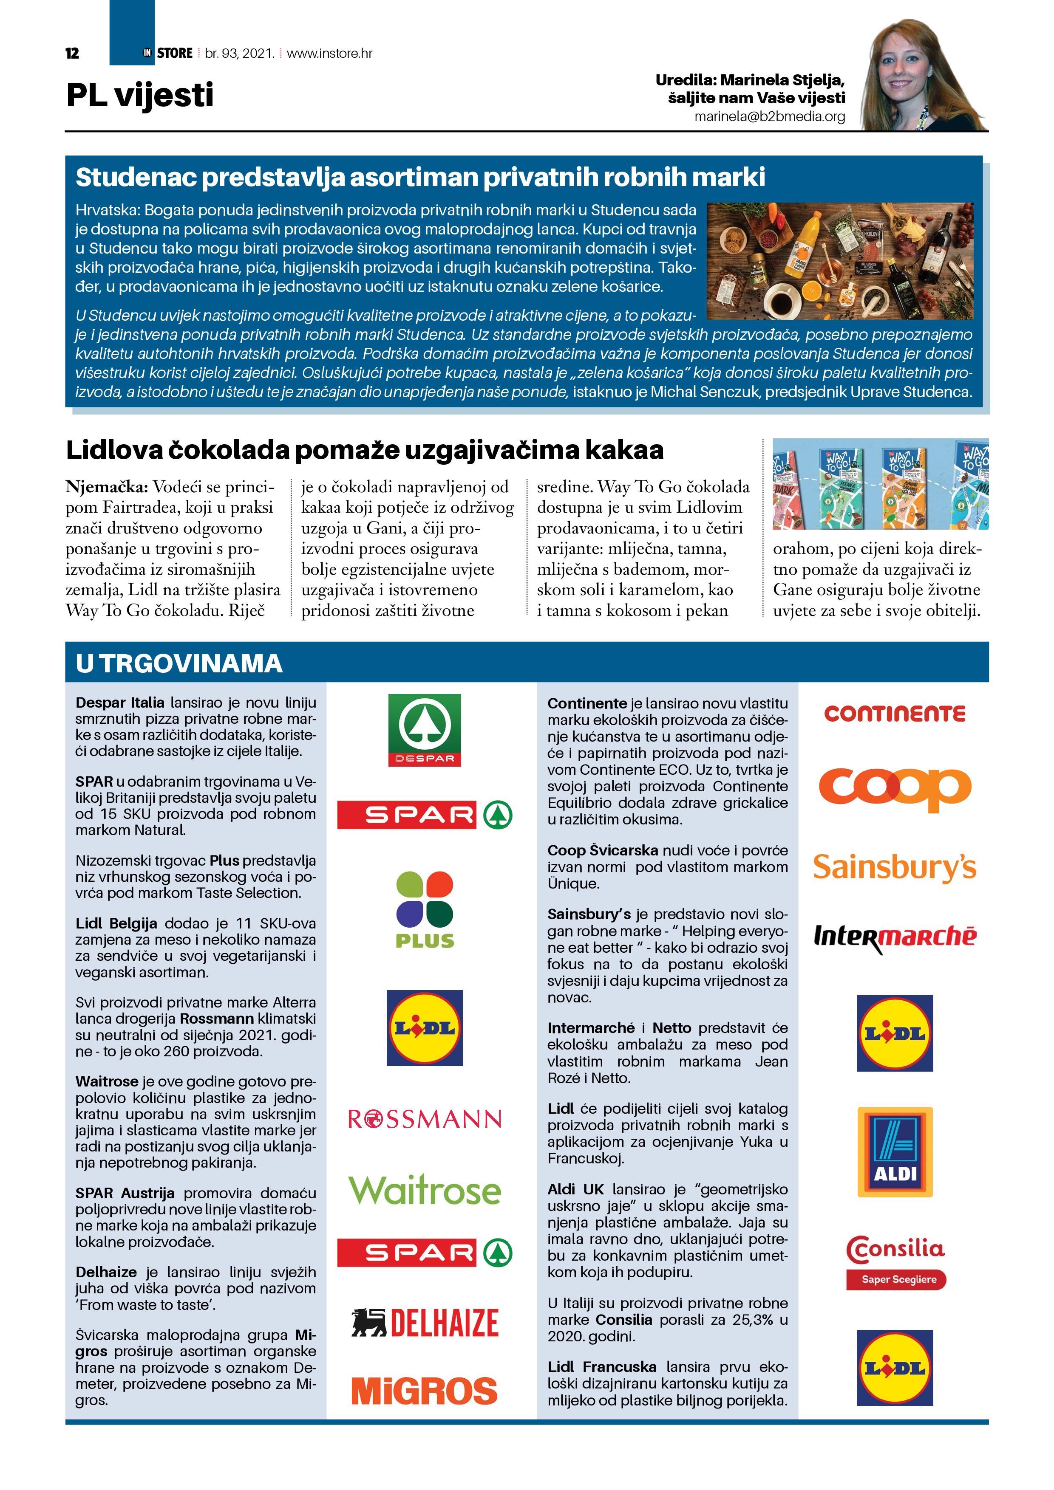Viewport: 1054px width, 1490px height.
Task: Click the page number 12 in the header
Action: click(72, 53)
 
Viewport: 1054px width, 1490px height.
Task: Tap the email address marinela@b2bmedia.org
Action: click(770, 117)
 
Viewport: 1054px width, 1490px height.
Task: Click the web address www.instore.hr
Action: click(329, 53)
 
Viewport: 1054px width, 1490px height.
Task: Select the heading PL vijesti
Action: click(140, 96)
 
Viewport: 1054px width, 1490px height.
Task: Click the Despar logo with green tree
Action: click(424, 730)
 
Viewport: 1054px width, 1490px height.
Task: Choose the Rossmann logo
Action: click(425, 1119)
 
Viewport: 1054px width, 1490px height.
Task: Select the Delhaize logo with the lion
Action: click(425, 1323)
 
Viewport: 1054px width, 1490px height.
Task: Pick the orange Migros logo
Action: click(425, 1391)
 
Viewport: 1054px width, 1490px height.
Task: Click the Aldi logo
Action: click(895, 1152)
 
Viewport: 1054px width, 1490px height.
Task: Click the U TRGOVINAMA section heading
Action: click(179, 663)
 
